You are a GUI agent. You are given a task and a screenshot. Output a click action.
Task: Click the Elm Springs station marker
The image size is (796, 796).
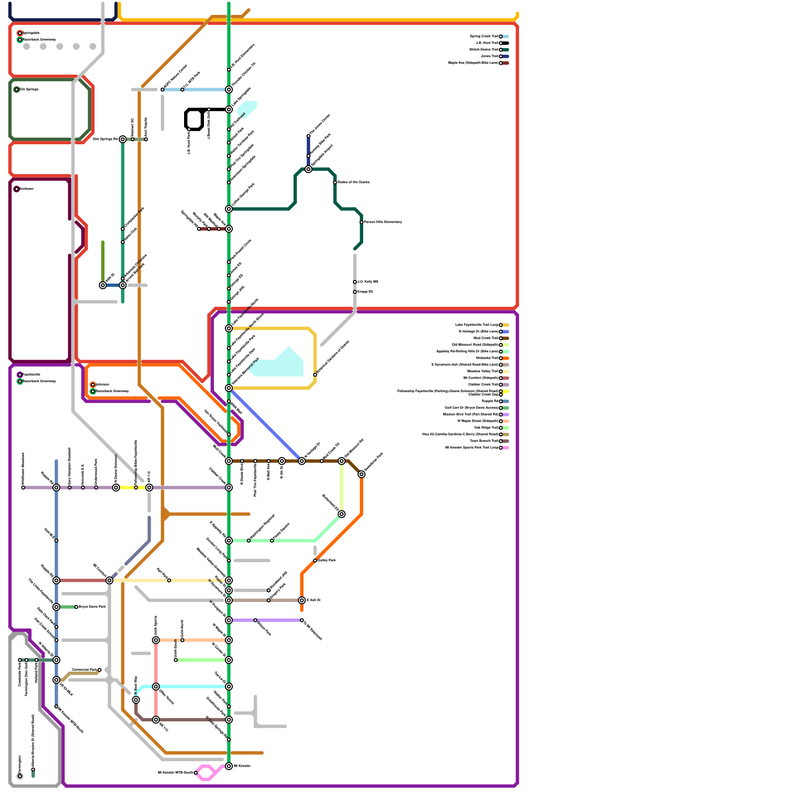(17, 90)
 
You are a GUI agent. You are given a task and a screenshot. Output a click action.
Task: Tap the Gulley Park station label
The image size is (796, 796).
(327, 560)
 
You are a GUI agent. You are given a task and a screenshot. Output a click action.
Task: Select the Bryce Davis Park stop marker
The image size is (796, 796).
(76, 607)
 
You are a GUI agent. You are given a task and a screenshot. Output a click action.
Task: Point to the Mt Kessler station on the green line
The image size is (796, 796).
(229, 766)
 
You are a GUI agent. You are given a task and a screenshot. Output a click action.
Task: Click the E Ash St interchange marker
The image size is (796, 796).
(302, 600)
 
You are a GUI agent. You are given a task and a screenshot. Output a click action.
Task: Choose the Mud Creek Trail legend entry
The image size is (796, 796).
(488, 338)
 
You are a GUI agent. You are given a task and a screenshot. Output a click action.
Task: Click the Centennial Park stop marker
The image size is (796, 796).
(99, 670)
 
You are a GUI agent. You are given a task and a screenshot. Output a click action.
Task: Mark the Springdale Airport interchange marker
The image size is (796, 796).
(308, 169)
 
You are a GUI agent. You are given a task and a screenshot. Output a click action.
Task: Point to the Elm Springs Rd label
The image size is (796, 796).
(105, 139)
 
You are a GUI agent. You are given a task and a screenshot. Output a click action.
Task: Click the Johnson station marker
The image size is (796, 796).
(93, 385)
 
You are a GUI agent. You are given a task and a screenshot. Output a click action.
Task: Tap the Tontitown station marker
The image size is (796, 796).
(17, 189)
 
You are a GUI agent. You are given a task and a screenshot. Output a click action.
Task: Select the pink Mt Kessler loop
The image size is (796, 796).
(206, 773)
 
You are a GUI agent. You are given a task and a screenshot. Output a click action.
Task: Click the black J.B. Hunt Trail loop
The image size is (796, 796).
(194, 119)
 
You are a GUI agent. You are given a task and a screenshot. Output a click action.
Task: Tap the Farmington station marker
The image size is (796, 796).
(20, 776)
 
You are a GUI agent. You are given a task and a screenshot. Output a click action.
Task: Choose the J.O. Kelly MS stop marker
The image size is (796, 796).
(355, 282)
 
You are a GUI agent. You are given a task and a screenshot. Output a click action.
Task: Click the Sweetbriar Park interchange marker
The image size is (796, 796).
(362, 474)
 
